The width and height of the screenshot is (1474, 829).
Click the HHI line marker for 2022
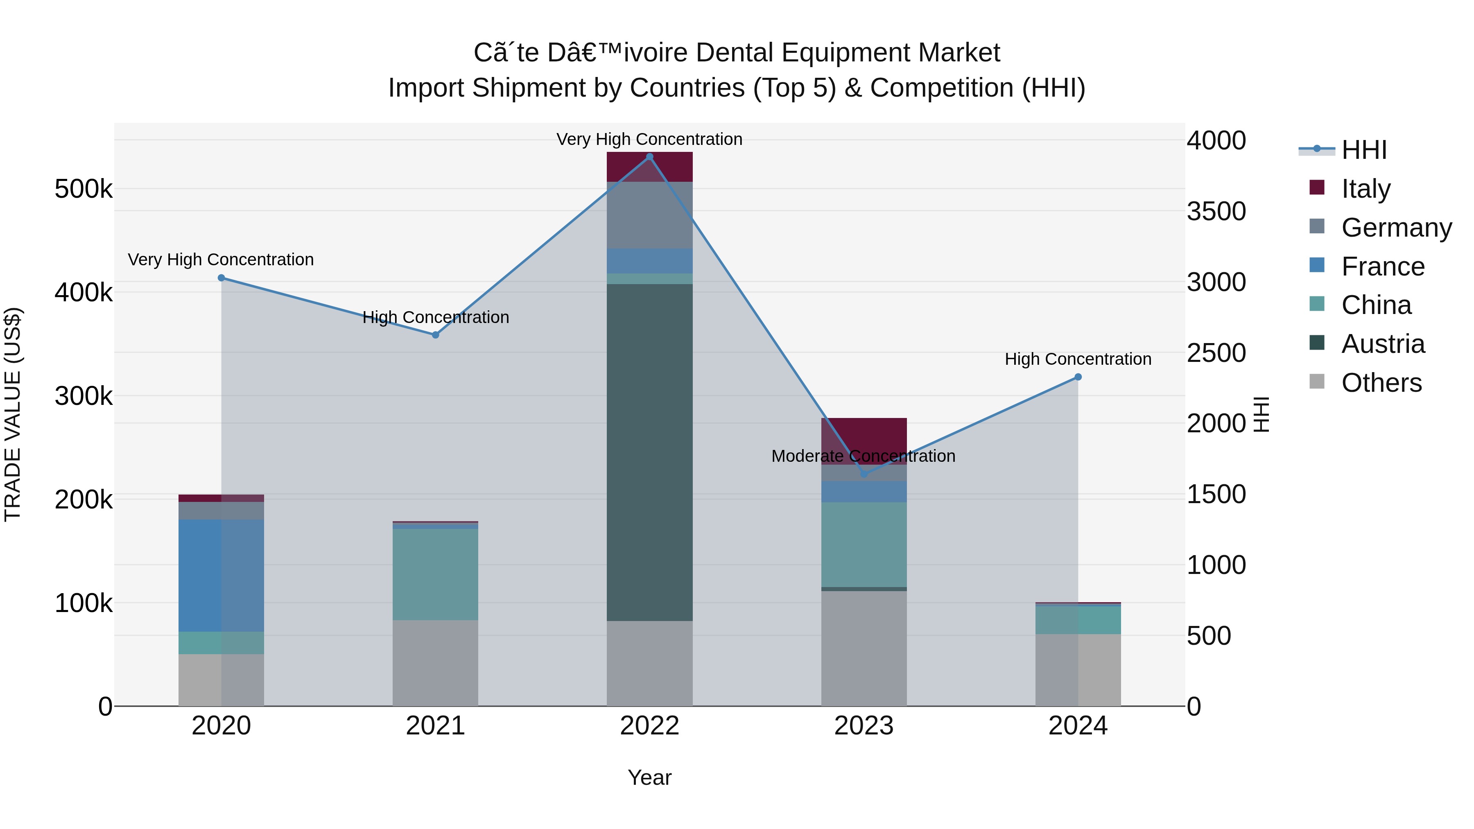649,157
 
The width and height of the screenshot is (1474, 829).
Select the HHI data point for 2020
222,278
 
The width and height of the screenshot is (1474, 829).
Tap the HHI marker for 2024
1078,377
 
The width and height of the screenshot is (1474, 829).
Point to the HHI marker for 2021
436,335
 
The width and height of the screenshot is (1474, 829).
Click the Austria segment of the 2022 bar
649,452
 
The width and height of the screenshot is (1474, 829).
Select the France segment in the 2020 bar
222,575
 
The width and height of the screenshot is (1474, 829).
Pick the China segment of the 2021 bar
436,574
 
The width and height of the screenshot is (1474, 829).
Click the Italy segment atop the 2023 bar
864,435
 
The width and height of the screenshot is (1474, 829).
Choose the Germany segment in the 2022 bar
649,215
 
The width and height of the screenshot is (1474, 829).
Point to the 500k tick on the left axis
84,189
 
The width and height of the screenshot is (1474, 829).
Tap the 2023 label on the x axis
864,725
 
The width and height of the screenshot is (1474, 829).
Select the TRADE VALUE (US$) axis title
13,414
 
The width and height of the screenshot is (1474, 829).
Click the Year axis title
649,777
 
